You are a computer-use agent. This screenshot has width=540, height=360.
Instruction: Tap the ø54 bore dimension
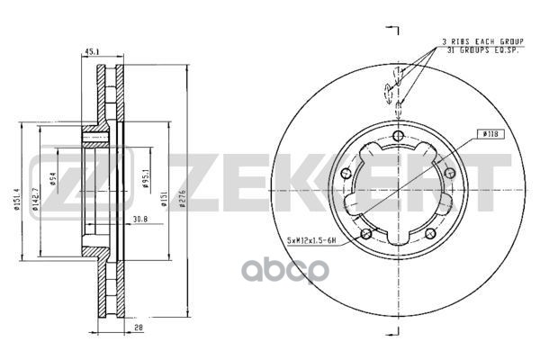click(54, 180)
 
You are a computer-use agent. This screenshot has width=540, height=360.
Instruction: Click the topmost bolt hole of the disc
click(397, 134)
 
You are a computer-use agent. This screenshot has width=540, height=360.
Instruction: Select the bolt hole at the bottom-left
click(364, 235)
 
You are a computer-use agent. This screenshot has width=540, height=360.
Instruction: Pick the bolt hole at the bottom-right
click(429, 235)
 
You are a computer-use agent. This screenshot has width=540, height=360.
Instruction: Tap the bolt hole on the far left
click(345, 174)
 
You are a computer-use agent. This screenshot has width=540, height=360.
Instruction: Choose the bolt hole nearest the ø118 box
click(449, 172)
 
